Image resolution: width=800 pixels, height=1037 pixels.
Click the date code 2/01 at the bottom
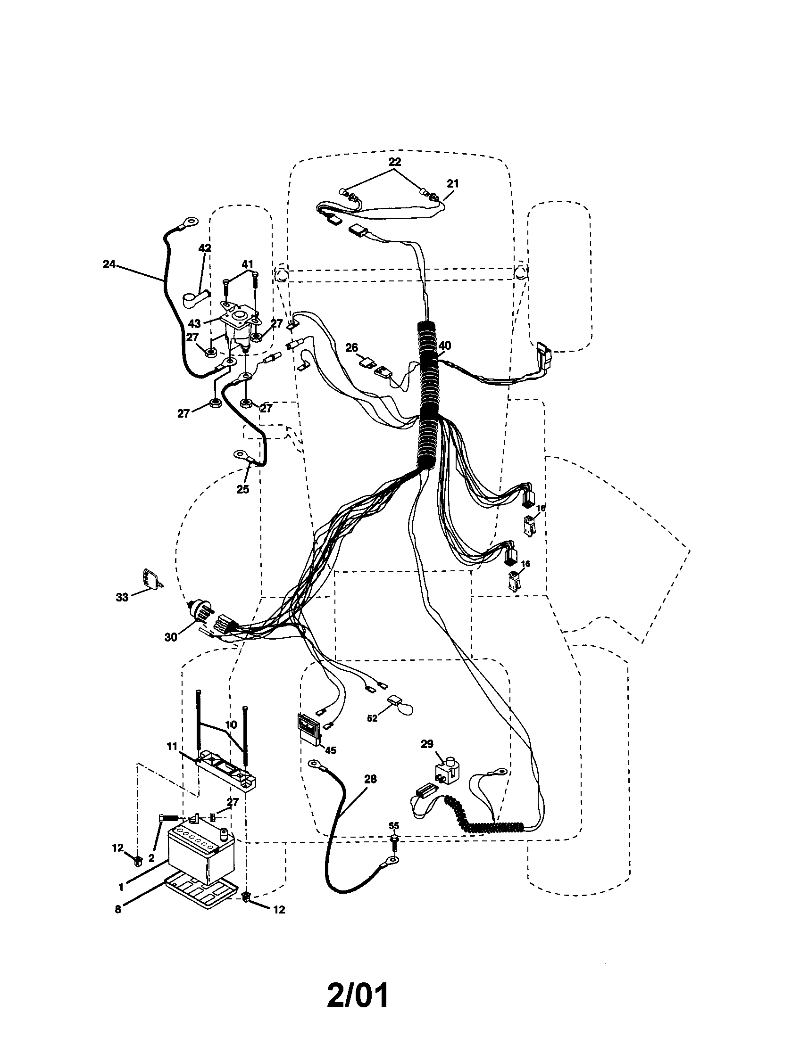(x=357, y=995)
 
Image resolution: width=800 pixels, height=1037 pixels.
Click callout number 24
(x=109, y=264)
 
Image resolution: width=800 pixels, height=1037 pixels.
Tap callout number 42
(x=205, y=248)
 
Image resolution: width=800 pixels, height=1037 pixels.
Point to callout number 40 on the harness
(x=445, y=346)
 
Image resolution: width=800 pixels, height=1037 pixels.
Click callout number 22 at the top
(x=395, y=161)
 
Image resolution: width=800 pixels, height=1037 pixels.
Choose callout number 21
(x=453, y=183)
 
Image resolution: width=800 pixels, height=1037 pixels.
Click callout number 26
(x=351, y=347)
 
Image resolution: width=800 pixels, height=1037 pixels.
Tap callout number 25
(x=243, y=490)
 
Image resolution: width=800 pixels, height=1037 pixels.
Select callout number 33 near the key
(x=122, y=597)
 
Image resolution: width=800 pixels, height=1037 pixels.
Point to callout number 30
(x=171, y=637)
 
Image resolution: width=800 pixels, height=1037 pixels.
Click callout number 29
(x=427, y=743)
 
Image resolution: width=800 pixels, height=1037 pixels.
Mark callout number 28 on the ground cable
(x=371, y=779)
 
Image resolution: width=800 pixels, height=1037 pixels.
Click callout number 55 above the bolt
(x=394, y=826)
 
